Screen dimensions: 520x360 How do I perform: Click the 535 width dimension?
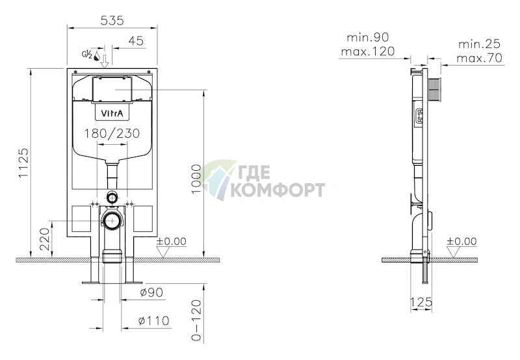pyautogui.click(x=112, y=21)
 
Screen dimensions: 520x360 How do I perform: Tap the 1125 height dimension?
pyautogui.click(x=23, y=162)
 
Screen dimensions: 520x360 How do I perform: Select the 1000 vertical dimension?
pyautogui.click(x=196, y=179)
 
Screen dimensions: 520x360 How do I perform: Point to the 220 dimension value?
pyautogui.click(x=44, y=239)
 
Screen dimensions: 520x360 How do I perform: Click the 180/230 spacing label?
pyautogui.click(x=112, y=134)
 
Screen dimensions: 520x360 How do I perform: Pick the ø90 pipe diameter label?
pyautogui.click(x=151, y=292)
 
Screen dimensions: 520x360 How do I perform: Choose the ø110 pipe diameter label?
pyautogui.click(x=153, y=320)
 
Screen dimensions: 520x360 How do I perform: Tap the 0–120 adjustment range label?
pyautogui.click(x=196, y=320)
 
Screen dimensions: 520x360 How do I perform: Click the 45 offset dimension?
pyautogui.click(x=136, y=41)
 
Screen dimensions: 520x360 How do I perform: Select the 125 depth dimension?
pyautogui.click(x=421, y=302)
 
